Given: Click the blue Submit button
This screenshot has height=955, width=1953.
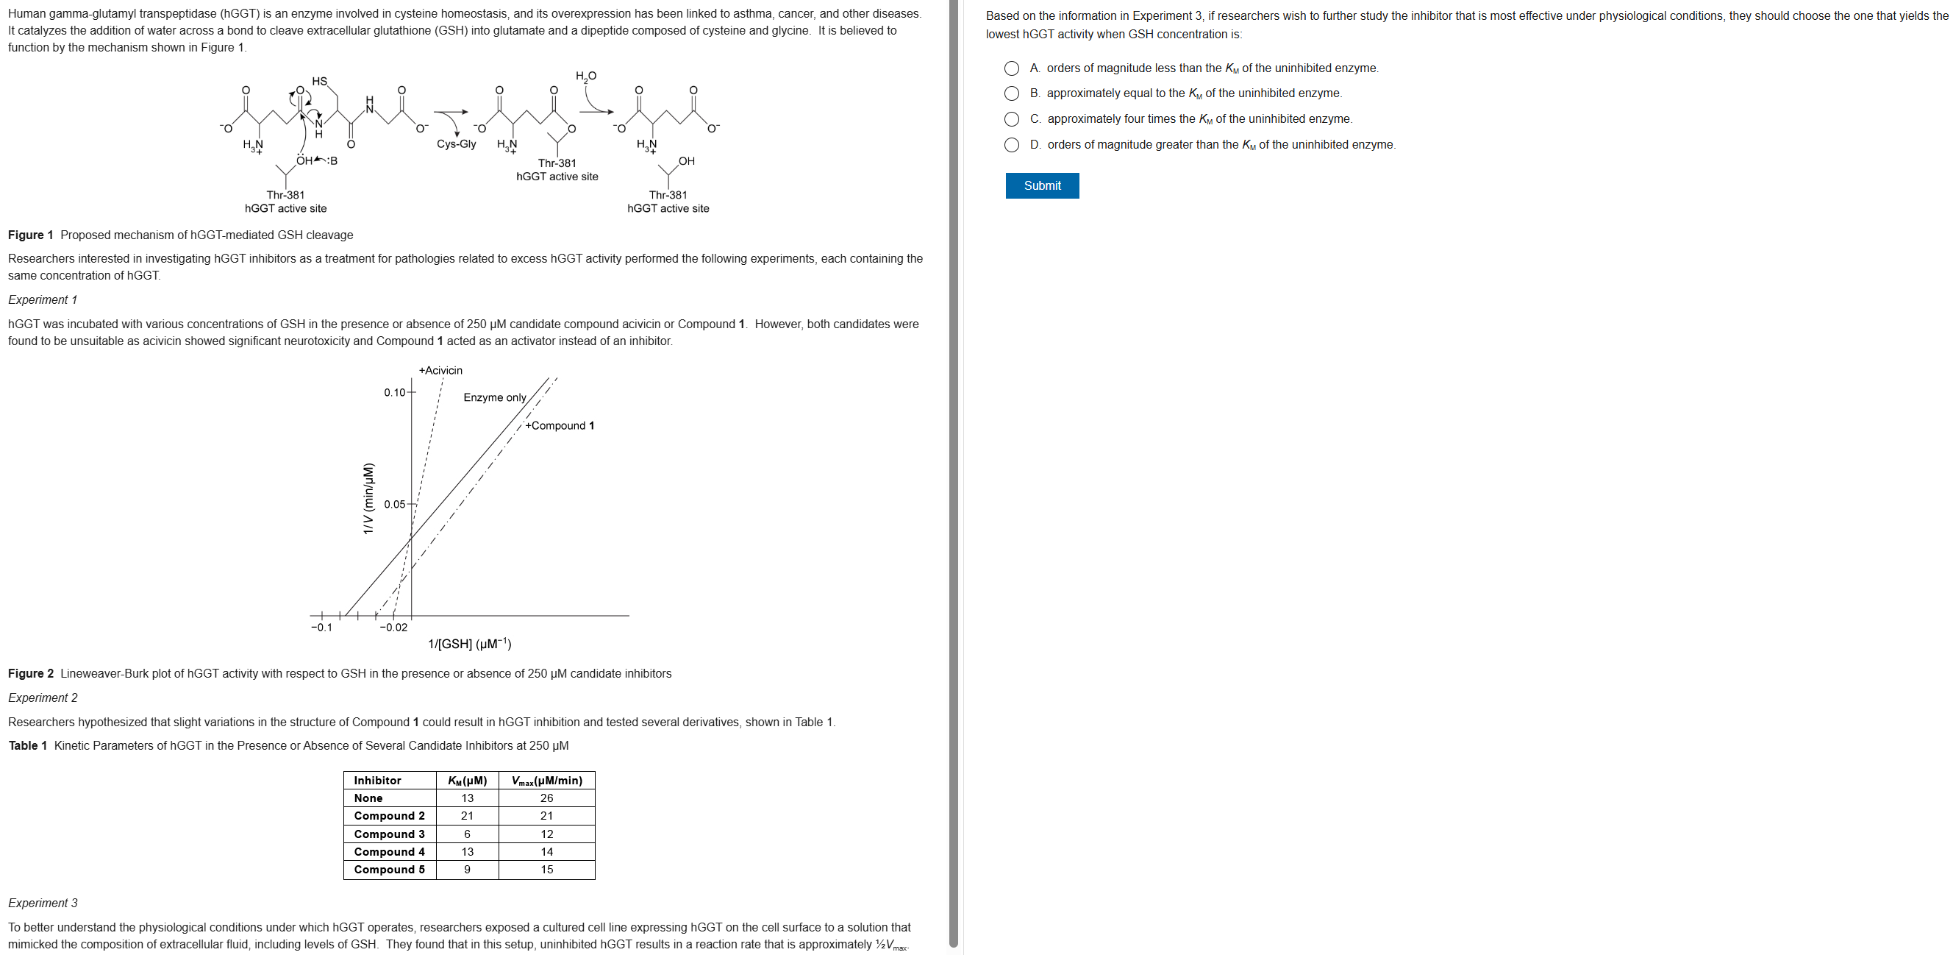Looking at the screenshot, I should coord(1042,186).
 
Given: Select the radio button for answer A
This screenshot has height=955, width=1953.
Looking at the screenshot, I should coord(1011,68).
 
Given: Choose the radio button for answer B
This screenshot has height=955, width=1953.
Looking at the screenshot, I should coord(1011,93).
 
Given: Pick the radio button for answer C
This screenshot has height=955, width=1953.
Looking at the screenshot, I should coord(1011,119).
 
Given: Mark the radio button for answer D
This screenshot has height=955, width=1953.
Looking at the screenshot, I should coord(1011,145).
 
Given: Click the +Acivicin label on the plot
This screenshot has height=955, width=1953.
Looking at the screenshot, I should coord(440,370).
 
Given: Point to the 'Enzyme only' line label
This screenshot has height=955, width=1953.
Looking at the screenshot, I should coord(494,397).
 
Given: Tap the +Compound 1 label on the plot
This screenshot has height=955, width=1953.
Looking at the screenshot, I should coord(560,425).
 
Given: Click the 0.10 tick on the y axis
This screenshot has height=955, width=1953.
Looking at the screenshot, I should coord(395,392).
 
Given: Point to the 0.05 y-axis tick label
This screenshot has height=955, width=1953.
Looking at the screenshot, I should coord(395,505).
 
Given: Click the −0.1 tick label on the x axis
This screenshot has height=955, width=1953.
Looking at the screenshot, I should coord(321,628).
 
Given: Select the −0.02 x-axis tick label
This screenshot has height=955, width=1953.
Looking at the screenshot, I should coord(393,628).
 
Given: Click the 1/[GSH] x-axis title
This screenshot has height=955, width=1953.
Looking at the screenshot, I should coord(469,644).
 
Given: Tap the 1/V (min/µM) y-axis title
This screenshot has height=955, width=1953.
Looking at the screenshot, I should coord(368,498).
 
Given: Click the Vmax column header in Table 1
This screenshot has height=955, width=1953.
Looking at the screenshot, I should coord(546,781).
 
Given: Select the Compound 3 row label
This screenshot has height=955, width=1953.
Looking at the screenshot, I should coord(389,834).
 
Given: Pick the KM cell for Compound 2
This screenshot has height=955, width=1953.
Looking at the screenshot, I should coord(467,815).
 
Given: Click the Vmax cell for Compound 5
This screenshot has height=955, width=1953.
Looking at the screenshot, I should coord(546,869).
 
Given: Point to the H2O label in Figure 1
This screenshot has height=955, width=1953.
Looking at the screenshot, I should coord(585,76).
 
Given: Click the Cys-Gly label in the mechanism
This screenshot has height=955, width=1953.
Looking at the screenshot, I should coord(457,144).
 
